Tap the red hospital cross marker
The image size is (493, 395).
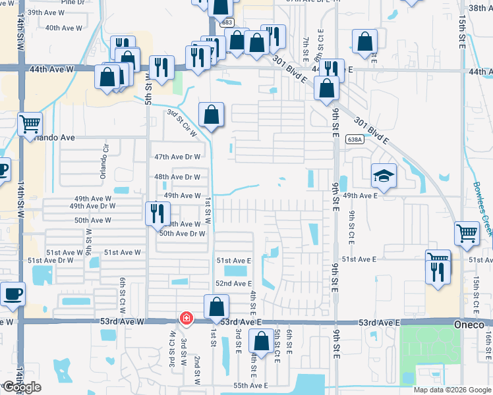pyautogui.click(x=187, y=319)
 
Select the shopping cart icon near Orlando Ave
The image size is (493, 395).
pyautogui.click(x=30, y=123)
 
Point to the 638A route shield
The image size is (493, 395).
pyautogui.click(x=355, y=140)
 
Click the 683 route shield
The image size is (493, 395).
pyautogui.click(x=227, y=22)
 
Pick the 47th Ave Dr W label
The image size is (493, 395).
pyautogui.click(x=177, y=157)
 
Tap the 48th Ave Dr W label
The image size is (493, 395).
pyautogui.click(x=177, y=177)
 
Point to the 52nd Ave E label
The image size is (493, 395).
pyautogui.click(x=233, y=283)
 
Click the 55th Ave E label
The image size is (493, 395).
pyautogui.click(x=250, y=385)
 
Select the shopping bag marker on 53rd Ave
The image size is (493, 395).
pyautogui.click(x=216, y=306)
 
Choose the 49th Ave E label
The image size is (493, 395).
pyautogui.click(x=359, y=196)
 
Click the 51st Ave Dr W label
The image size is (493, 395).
pyautogui.click(x=50, y=261)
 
